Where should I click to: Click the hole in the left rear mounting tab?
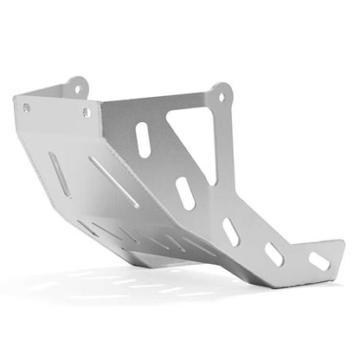click(75, 88)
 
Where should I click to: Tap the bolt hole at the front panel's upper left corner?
click(26, 107)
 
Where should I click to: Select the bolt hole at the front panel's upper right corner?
click(86, 112)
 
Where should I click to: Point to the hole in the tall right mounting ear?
click(222, 96)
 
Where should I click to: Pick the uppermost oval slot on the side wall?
click(144, 139)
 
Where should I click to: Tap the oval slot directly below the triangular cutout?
click(185, 193)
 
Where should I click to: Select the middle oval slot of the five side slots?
click(231, 231)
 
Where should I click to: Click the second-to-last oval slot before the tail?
click(274, 254)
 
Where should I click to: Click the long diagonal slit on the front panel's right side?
click(112, 181)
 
